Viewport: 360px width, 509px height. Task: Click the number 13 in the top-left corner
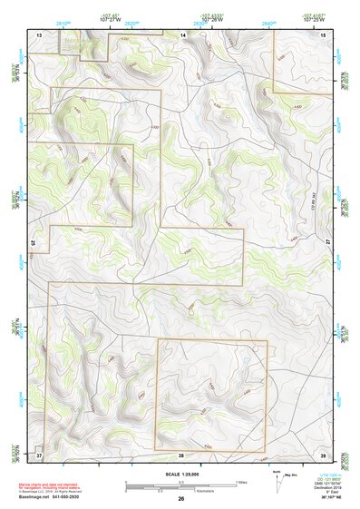[x=40, y=34]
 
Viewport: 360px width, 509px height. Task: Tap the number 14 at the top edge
[x=182, y=34]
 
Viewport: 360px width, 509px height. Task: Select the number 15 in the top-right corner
[x=324, y=34]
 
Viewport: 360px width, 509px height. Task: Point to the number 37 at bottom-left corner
[x=40, y=454]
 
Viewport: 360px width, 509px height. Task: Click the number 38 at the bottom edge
[x=181, y=454]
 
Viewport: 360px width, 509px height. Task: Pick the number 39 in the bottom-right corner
[x=323, y=454]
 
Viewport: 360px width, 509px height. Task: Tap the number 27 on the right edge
[x=326, y=242]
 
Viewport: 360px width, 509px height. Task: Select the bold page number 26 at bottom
[x=181, y=498]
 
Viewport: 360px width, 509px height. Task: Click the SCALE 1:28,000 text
[x=181, y=474]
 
